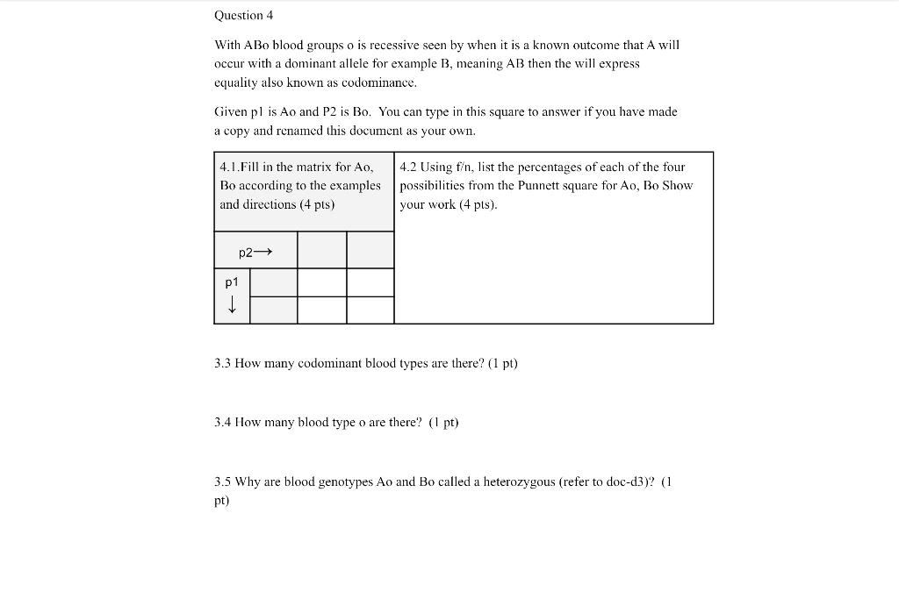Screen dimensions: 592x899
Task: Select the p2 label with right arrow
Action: coord(255,253)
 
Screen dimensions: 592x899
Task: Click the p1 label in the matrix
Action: coord(232,282)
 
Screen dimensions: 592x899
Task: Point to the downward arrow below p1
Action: coord(232,305)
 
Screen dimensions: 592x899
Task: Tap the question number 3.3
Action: coord(223,362)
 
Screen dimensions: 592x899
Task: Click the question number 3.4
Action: coord(223,422)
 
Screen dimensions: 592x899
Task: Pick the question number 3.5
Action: coord(223,481)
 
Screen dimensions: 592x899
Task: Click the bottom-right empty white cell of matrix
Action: coord(370,310)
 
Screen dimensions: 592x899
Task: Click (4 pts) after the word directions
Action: coord(317,203)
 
